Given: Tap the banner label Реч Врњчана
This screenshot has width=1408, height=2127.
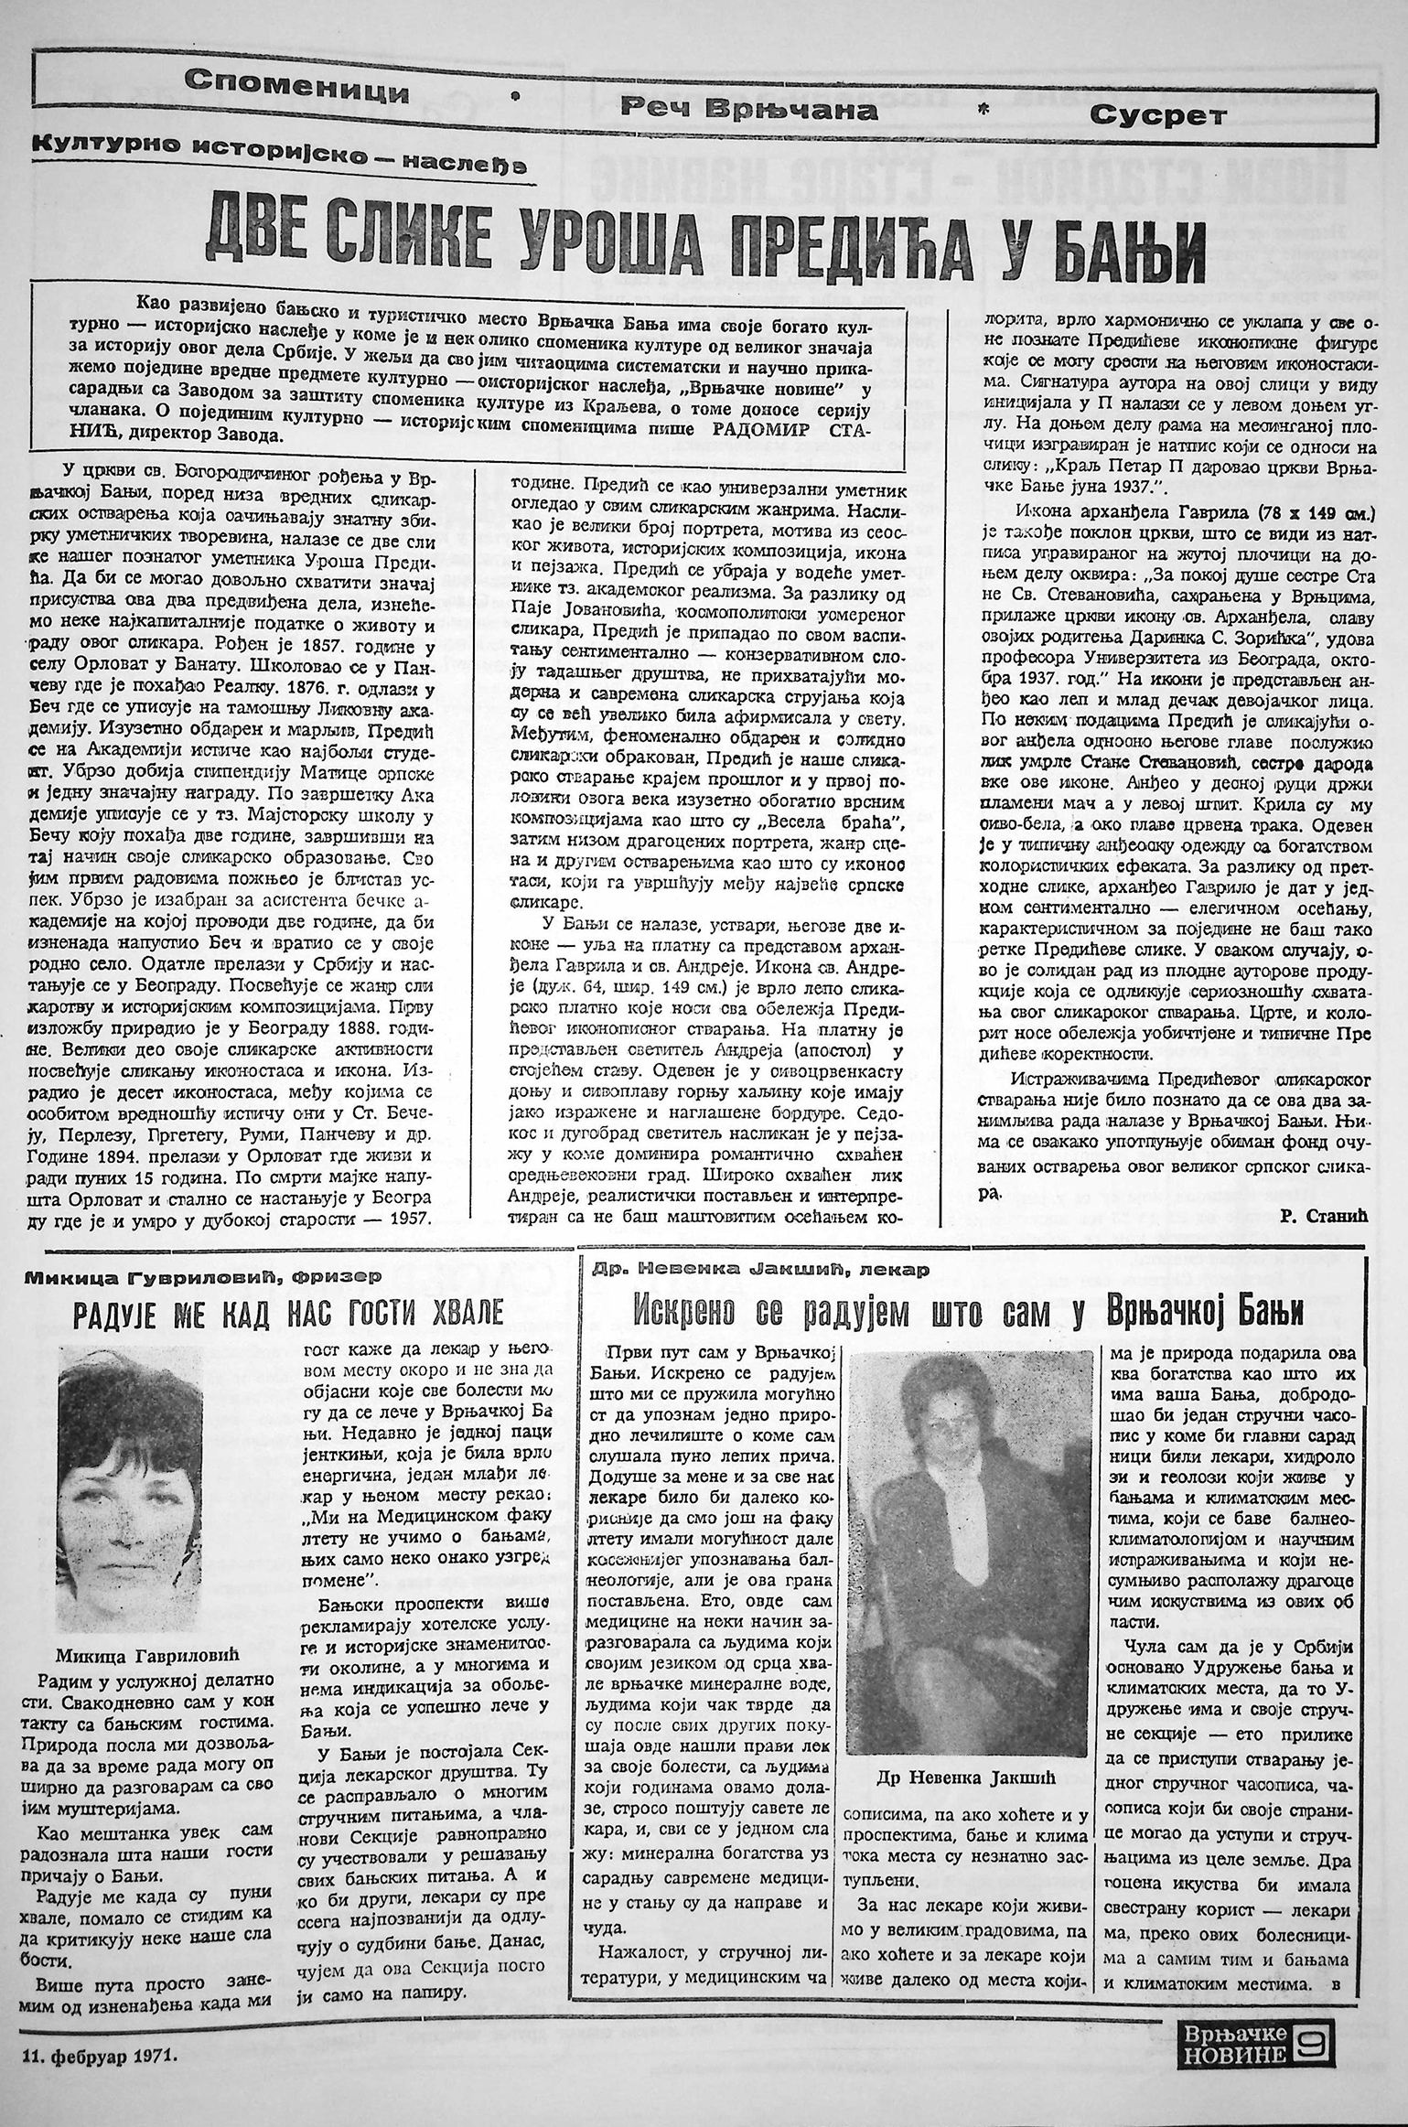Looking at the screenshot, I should [x=749, y=110].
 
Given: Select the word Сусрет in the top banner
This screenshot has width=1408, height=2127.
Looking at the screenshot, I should [x=1157, y=115].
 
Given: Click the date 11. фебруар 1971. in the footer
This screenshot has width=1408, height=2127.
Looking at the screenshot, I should [x=96, y=2100].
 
